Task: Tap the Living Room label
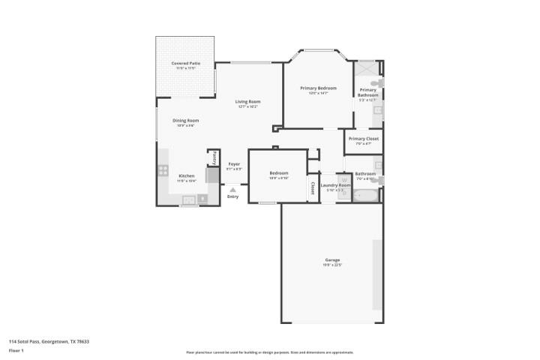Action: (247, 101)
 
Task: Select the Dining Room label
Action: (186, 120)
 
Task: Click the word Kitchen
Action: (186, 175)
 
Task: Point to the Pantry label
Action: (214, 157)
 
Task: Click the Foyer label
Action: (234, 163)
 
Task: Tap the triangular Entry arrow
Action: (233, 190)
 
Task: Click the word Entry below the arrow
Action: (233, 196)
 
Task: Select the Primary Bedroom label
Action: (318, 88)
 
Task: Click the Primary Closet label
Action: (363, 139)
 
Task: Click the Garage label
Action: (332, 259)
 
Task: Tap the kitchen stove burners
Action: (163, 170)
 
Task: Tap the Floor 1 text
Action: (16, 350)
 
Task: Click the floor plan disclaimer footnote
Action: (269, 352)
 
